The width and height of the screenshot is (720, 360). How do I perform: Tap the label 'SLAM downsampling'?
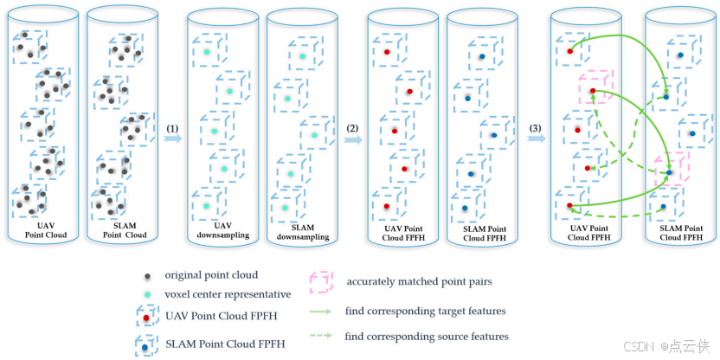tap(299, 230)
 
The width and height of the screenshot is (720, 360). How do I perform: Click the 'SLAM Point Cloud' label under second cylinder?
tap(124, 230)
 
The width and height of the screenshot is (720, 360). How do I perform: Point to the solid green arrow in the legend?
tap(322, 310)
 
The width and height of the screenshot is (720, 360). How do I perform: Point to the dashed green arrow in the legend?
tap(322, 337)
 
